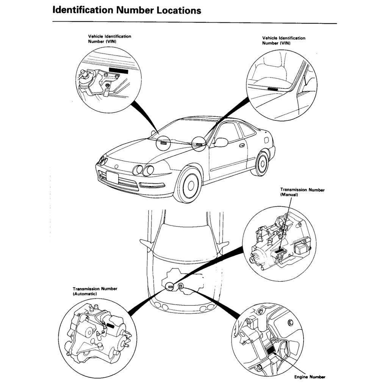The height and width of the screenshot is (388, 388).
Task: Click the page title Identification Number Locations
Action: point(127,10)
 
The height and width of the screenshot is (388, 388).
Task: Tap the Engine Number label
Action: point(310,377)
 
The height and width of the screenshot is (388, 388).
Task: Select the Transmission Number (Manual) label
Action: point(302,192)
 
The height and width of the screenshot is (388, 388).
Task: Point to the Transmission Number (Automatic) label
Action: point(95,291)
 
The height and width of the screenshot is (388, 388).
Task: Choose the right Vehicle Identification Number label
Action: point(283,41)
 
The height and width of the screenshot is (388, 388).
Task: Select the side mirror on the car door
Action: point(221,142)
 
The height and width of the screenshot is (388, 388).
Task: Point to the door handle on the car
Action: point(242,145)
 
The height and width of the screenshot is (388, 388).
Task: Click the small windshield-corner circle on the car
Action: point(199,144)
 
